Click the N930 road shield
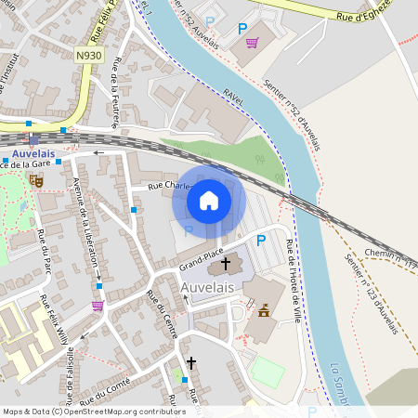(89, 56)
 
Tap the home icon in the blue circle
(209, 200)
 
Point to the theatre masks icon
(36, 180)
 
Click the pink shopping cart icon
(252, 42)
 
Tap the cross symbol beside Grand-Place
(225, 266)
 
